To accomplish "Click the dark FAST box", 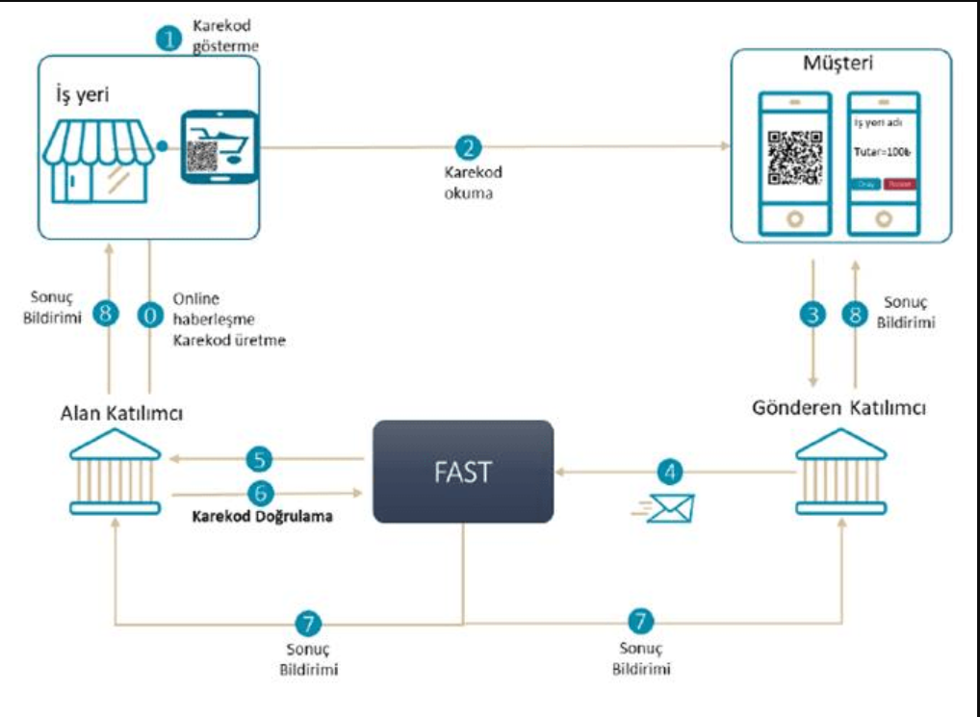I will point(463,472).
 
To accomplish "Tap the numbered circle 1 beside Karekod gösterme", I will point(170,38).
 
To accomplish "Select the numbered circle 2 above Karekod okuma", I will point(469,147).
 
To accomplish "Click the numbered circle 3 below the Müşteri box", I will point(814,315).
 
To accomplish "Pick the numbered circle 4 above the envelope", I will point(671,471).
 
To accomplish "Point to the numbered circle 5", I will point(260,456).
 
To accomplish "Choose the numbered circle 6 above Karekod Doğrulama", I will point(260,492).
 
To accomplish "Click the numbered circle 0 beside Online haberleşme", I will point(150,315).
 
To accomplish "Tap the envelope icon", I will point(668,507).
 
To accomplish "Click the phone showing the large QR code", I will point(794,164).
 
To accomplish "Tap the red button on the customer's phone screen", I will point(897,184).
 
